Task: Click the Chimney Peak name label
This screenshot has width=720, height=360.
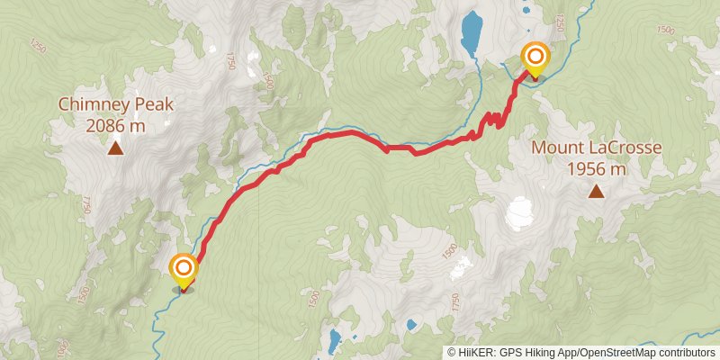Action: [x=116, y=104]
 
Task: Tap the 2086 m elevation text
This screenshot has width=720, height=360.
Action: [x=116, y=126]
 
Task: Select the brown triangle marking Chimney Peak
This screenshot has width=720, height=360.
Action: [x=115, y=148]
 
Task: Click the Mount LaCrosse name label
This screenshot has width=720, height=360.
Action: [x=597, y=148]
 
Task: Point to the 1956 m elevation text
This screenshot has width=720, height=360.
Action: [x=597, y=168]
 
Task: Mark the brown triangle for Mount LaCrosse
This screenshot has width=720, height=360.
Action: [x=596, y=190]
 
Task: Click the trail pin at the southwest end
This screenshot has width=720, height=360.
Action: [x=184, y=270]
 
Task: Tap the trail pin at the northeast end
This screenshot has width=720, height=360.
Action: [x=535, y=59]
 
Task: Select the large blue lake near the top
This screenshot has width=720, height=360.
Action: [x=471, y=32]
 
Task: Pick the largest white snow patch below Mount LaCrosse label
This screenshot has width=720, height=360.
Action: [x=519, y=213]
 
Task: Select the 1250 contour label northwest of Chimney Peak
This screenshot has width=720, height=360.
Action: [x=37, y=45]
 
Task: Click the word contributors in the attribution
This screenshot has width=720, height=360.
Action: [x=686, y=353]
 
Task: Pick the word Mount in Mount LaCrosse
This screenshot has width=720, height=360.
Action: [x=554, y=148]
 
